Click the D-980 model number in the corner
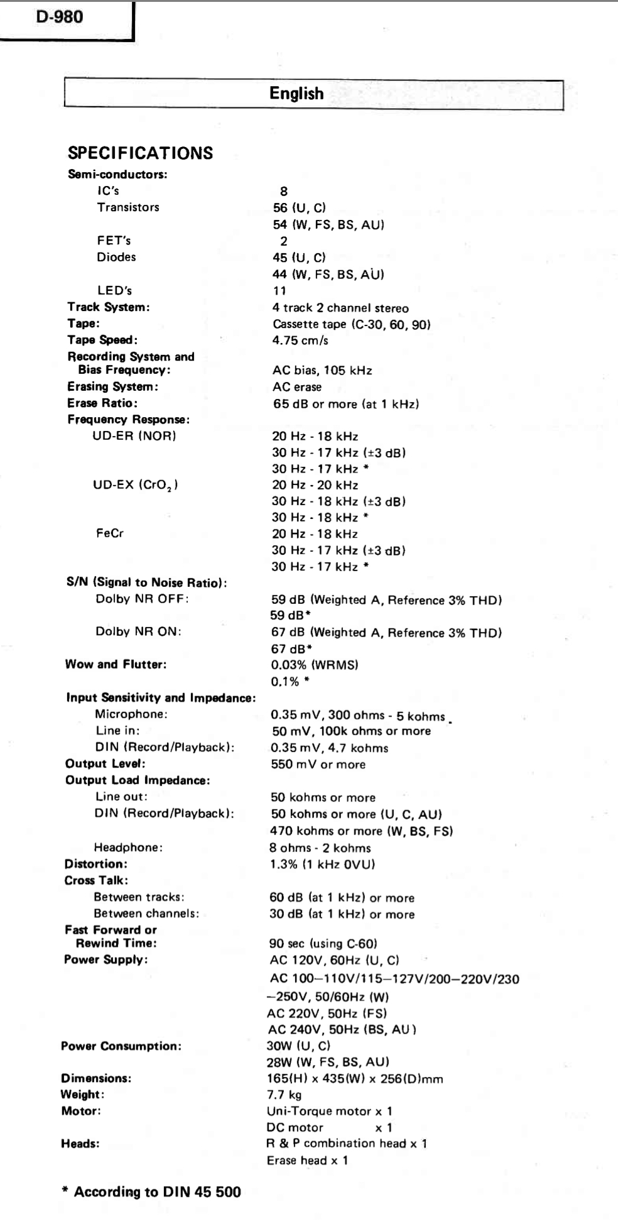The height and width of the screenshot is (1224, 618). [x=59, y=17]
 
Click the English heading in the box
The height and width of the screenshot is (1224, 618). [x=296, y=94]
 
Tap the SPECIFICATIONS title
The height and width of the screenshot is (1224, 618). [x=140, y=153]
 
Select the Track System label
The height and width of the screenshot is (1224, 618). [x=109, y=307]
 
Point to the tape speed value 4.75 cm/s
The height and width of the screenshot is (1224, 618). [x=300, y=341]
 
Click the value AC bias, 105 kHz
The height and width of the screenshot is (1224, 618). [x=322, y=371]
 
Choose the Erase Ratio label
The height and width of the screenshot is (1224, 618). [x=102, y=403]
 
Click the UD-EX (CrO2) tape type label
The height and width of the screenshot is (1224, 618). [x=135, y=486]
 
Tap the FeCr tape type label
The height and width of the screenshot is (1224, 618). [x=110, y=533]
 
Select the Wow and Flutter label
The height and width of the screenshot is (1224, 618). [x=116, y=665]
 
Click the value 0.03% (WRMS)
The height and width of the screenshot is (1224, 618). [x=314, y=665]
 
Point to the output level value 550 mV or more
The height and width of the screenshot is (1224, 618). [x=318, y=765]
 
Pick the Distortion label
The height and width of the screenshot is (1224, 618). [x=95, y=864]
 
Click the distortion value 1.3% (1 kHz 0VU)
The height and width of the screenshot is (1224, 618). [x=322, y=864]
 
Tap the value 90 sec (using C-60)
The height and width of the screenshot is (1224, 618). [x=323, y=944]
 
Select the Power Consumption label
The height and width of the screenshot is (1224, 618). [x=121, y=1046]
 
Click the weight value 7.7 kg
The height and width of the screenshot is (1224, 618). [x=284, y=1095]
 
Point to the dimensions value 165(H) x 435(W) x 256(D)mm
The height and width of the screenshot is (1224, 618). [x=355, y=1079]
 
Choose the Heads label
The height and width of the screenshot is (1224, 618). [x=80, y=1144]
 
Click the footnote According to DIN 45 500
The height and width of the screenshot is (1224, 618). [x=152, y=1192]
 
